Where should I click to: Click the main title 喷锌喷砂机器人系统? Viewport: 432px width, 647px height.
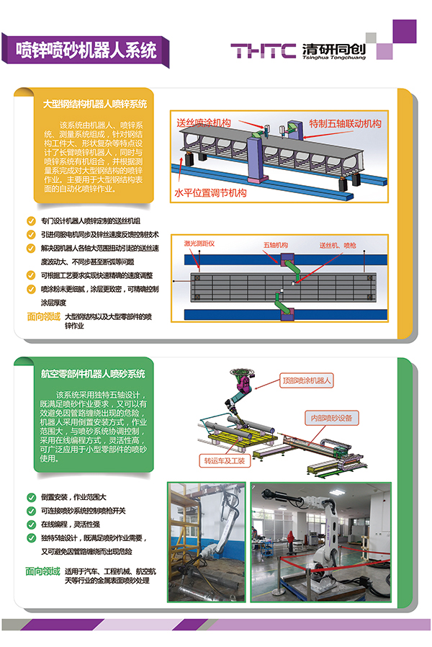tap(86, 49)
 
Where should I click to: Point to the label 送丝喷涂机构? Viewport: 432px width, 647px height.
tap(204, 122)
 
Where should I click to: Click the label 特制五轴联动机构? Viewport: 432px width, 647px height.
tap(345, 123)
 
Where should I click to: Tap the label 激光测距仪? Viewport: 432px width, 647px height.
tap(199, 244)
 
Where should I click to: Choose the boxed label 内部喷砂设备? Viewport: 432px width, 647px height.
tap(331, 417)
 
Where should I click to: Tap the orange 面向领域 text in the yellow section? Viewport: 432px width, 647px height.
tap(42, 316)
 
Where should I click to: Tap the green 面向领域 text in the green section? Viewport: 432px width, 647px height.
tap(42, 571)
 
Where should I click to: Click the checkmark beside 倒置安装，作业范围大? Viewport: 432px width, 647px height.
tap(30, 497)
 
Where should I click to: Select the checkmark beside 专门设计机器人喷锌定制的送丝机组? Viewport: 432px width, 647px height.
tap(30, 221)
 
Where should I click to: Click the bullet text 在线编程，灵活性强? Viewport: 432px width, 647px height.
tap(70, 525)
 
